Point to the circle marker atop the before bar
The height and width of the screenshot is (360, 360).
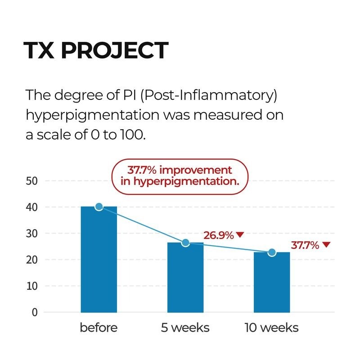click(x=99, y=207)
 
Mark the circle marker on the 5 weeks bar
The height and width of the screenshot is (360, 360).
click(x=185, y=243)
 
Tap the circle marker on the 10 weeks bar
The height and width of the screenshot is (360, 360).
click(x=271, y=252)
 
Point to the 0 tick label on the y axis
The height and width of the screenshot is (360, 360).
click(x=34, y=312)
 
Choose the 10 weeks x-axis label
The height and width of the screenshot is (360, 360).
click(x=271, y=328)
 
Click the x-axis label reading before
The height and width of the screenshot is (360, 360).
click(x=99, y=328)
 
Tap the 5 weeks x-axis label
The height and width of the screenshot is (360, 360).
click(x=185, y=328)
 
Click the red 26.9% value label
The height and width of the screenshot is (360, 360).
click(x=218, y=235)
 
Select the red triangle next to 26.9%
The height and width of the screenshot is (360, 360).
click(x=240, y=234)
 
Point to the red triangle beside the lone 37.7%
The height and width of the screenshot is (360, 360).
click(x=326, y=245)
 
